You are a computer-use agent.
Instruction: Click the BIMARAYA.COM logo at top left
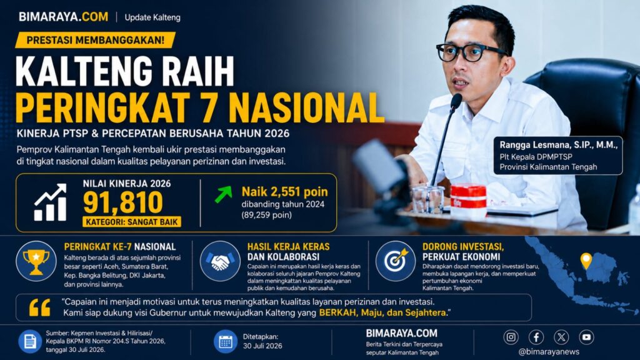pos(63,17)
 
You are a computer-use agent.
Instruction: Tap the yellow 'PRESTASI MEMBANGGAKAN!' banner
pos(96,40)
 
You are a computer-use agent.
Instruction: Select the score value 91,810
pos(123,202)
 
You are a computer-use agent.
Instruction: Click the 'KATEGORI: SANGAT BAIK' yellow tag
pos(132,222)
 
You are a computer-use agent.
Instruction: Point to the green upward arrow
pos(223,194)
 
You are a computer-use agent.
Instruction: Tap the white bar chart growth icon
pos(50,202)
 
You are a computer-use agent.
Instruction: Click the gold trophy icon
pos(36,261)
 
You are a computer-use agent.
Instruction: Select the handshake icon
pos(220,261)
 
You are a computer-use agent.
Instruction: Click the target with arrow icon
pos(395,261)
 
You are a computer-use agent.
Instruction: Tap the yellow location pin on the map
pos(586,261)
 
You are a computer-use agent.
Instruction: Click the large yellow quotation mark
pos(39,307)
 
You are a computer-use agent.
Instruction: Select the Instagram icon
pos(511,337)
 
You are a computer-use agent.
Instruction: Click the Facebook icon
pos(536,337)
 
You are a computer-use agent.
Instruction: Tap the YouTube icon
pos(586,337)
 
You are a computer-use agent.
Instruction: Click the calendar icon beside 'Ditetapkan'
pos(225,341)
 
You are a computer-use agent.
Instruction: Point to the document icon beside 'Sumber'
pos(30,341)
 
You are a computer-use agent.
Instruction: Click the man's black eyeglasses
pos(470,52)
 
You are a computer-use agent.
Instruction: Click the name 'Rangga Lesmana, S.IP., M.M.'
pos(558,145)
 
